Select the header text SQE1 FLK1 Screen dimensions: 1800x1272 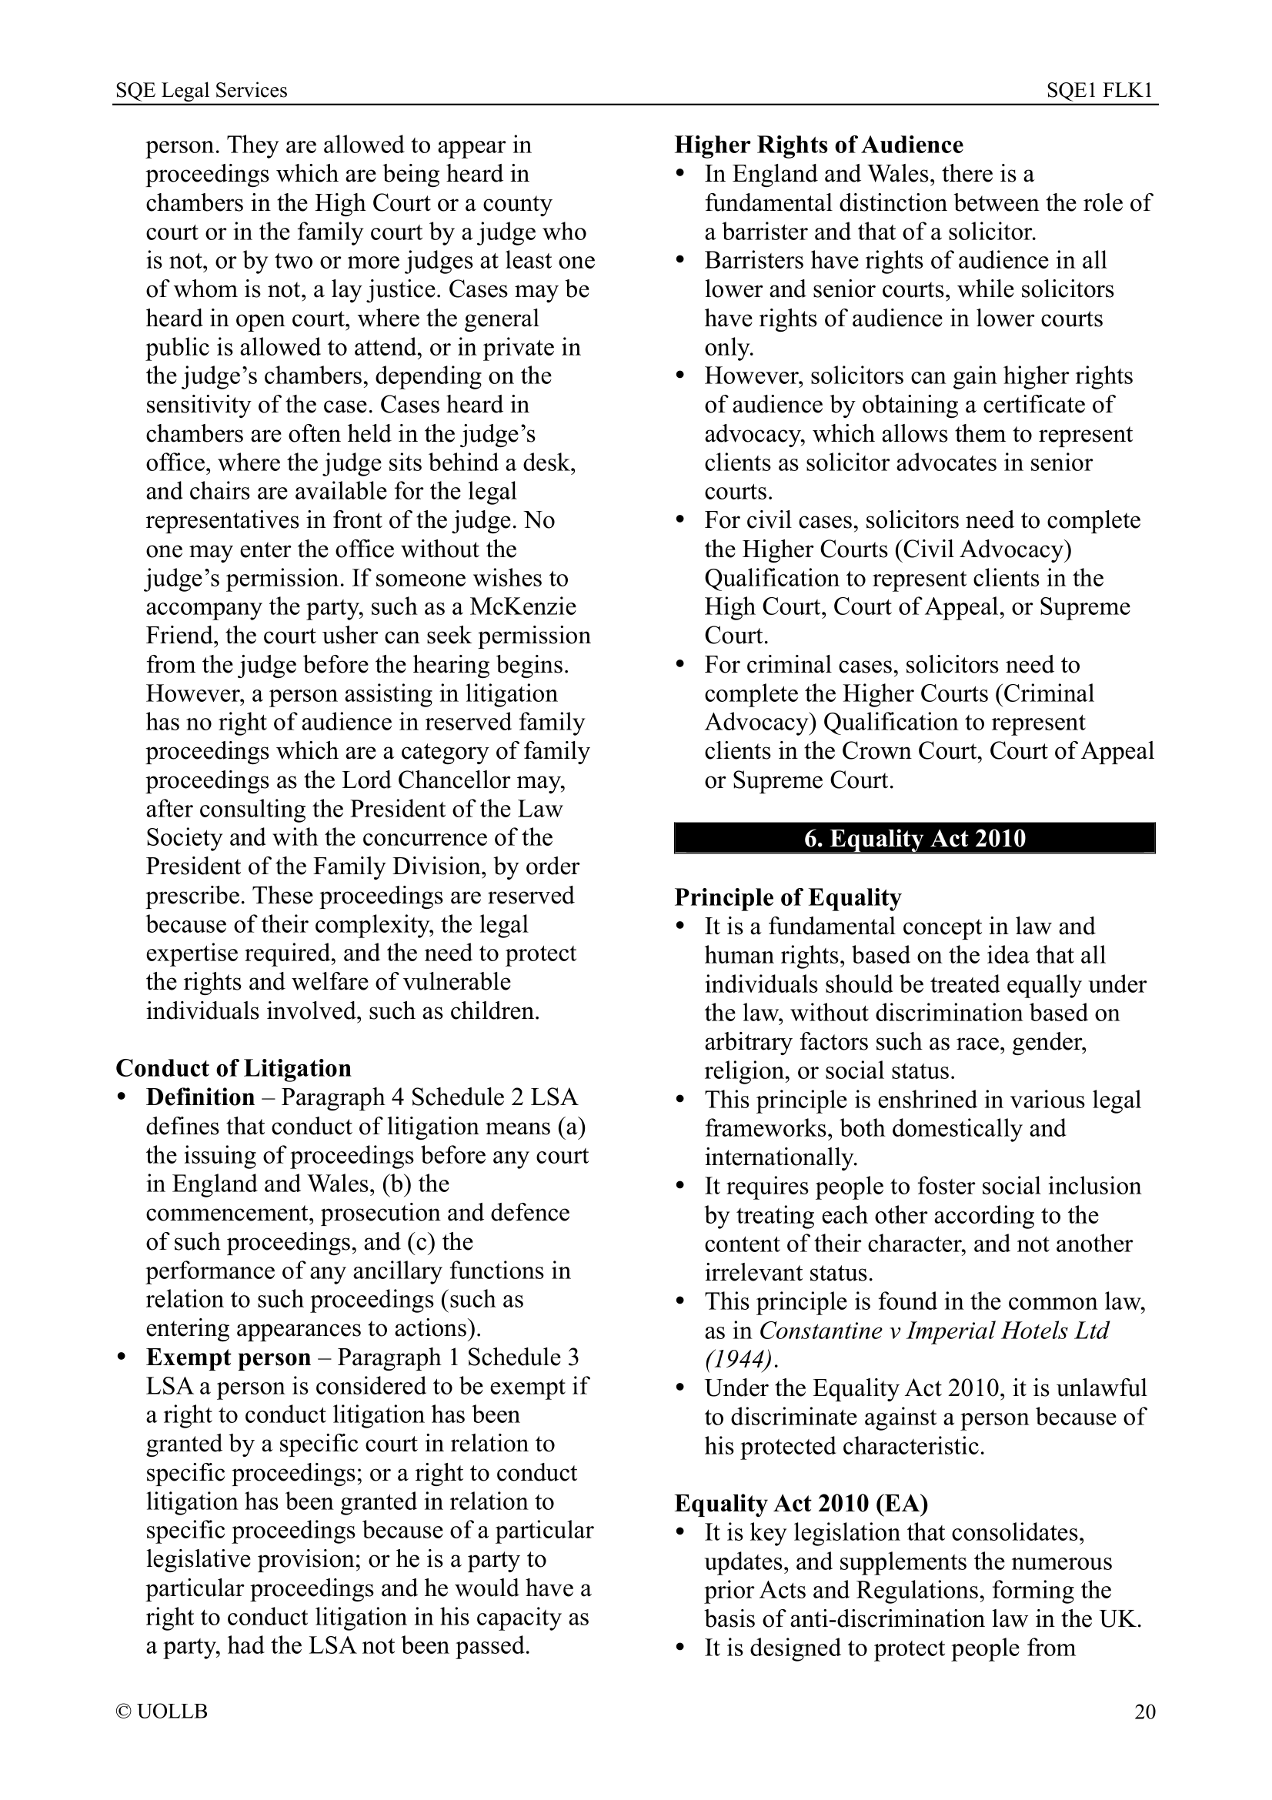tap(1100, 91)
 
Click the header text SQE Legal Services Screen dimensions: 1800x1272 tap(202, 91)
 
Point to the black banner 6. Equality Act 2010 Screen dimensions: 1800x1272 tap(914, 838)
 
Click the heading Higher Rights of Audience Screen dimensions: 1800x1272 tap(819, 145)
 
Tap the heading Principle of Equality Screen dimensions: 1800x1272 tap(788, 897)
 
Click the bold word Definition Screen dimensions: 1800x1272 tap(200, 1097)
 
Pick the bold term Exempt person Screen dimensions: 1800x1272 tap(228, 1357)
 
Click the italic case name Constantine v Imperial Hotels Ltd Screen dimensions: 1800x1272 tap(934, 1331)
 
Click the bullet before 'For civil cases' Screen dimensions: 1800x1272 tap(682, 520)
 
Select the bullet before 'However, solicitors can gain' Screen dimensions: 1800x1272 tap(682, 376)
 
